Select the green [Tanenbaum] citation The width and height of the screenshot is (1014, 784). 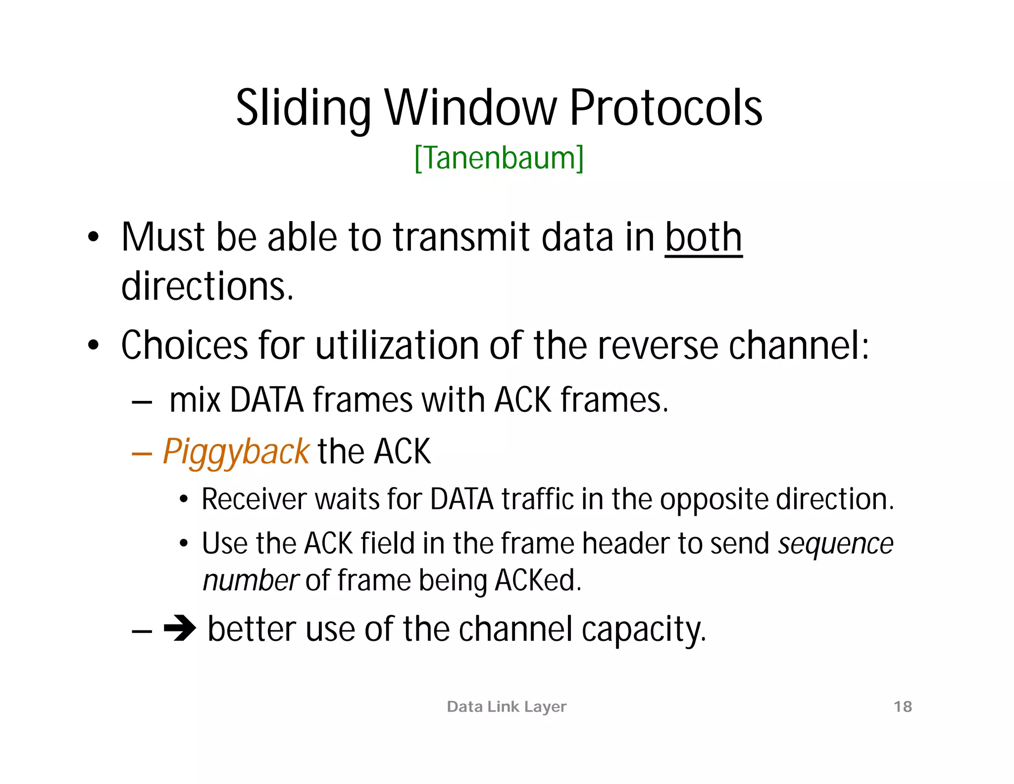[499, 158]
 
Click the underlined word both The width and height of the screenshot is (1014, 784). [703, 237]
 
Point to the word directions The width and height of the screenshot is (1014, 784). [207, 286]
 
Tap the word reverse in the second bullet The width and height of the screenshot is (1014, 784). [658, 345]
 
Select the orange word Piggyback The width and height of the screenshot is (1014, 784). [236, 452]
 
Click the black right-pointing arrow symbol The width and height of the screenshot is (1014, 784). [180, 628]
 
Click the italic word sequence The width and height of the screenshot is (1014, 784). [835, 544]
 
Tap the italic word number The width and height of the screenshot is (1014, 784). [251, 580]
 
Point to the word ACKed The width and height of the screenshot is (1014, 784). [538, 580]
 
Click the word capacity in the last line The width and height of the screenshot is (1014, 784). [643, 630]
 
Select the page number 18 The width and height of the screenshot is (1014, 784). [903, 706]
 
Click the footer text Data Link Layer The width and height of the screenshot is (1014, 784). [507, 706]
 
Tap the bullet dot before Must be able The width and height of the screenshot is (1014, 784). [93, 237]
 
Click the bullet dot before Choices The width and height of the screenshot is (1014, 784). [93, 345]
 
